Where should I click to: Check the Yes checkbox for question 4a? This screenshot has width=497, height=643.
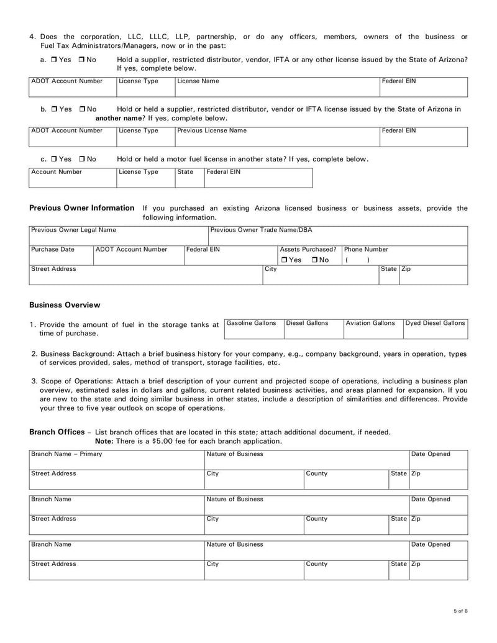coord(54,60)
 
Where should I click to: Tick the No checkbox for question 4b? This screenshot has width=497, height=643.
coord(83,109)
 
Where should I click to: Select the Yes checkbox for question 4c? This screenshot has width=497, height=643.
coord(54,159)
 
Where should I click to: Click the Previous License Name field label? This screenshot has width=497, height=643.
coord(212,130)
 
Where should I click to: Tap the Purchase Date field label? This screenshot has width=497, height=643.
coord(53,249)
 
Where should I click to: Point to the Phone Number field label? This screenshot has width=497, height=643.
coord(366,249)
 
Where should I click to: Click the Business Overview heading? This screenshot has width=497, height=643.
coord(65,305)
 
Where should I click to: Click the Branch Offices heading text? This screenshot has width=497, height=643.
coord(57,432)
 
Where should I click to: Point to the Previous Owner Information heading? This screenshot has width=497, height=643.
coord(81,208)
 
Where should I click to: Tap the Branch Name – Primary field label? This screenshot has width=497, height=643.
coord(66,454)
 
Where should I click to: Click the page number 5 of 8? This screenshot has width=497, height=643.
coord(460,611)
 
